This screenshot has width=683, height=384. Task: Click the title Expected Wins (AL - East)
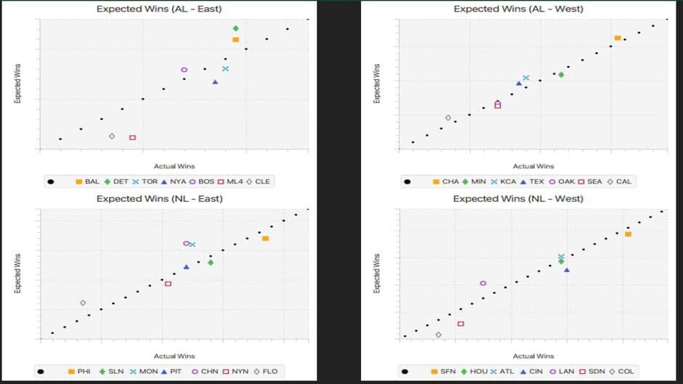coord(159,9)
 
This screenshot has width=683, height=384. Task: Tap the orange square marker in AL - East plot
coord(235,39)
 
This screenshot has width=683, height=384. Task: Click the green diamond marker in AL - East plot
coord(235,28)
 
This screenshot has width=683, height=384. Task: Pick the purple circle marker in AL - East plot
coord(184,70)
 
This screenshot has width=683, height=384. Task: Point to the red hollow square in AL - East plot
coord(132,137)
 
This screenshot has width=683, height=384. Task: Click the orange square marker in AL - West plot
coord(617,38)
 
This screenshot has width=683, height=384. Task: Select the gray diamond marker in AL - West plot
coord(448,118)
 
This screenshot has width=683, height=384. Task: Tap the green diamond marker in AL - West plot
coord(561,74)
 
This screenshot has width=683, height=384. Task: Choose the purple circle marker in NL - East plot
coord(186,243)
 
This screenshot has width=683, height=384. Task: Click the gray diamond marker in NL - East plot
coord(83,303)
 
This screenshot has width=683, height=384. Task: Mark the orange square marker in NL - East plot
coord(265,238)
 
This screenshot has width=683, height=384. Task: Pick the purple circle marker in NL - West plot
coord(483,283)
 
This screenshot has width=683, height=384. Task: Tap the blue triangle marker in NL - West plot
coord(567,269)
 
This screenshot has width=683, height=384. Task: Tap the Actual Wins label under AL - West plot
coord(533,166)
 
